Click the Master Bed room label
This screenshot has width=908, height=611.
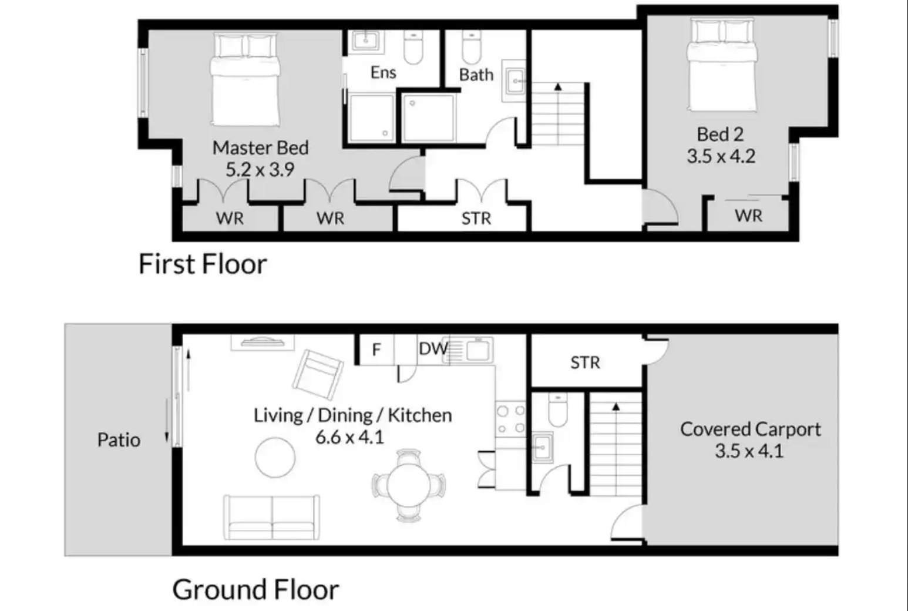(x=260, y=147)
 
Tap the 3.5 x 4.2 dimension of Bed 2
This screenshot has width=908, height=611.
(x=721, y=156)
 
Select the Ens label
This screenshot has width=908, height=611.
(x=383, y=73)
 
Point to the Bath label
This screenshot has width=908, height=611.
(x=476, y=75)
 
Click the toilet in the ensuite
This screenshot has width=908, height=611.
(x=413, y=48)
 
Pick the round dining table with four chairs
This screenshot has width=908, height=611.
(x=409, y=485)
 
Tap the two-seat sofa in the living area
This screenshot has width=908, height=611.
(x=271, y=518)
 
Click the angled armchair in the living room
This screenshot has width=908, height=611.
(x=318, y=375)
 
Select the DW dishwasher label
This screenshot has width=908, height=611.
(x=433, y=348)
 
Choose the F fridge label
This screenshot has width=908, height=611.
(x=376, y=350)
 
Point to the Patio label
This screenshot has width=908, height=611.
(x=119, y=440)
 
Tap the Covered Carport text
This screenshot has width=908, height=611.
(x=751, y=429)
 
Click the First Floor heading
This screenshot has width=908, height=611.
(x=203, y=264)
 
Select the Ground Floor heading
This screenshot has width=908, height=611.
(x=256, y=589)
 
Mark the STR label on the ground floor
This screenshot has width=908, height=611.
(x=585, y=363)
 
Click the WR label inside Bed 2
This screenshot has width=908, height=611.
(x=748, y=216)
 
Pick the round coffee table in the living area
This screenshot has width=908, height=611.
(x=275, y=457)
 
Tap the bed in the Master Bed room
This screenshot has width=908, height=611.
(x=246, y=79)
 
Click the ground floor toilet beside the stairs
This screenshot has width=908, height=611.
(x=558, y=409)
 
